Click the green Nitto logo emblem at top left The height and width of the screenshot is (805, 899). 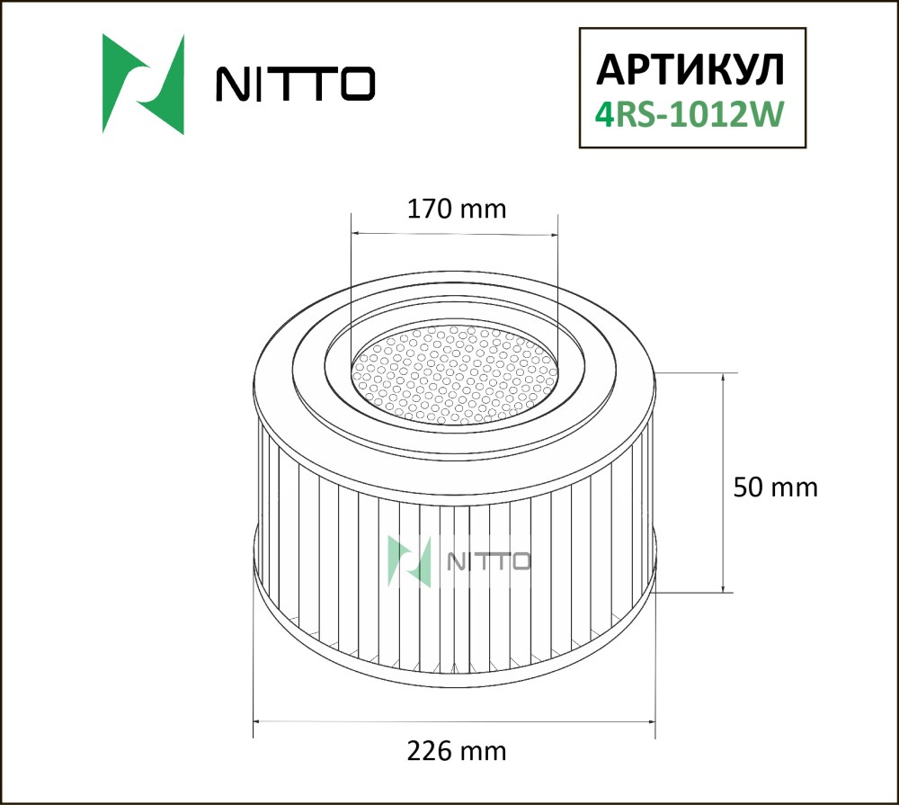pyautogui.click(x=143, y=85)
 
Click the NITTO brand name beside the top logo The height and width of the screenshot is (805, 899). pyautogui.click(x=295, y=84)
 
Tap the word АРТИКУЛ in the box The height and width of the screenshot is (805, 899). pyautogui.click(x=690, y=70)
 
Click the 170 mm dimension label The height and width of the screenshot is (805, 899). pyautogui.click(x=457, y=210)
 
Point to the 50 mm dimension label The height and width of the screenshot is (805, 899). pyautogui.click(x=775, y=487)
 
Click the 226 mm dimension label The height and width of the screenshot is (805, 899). pyautogui.click(x=457, y=750)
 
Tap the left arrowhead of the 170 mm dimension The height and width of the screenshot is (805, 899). pyautogui.click(x=355, y=234)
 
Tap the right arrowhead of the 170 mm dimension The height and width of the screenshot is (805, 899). pyautogui.click(x=553, y=234)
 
